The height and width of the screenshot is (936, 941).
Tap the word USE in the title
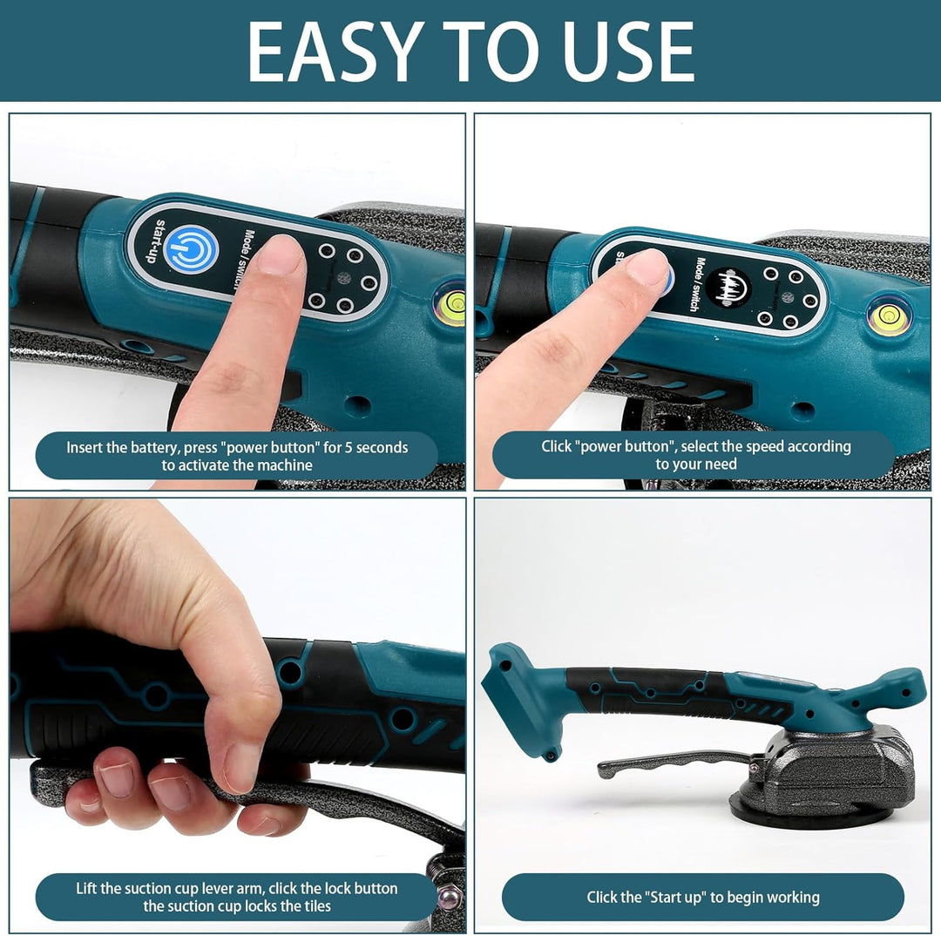628,51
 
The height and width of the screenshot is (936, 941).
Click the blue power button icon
192,248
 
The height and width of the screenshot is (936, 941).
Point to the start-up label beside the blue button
154,241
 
